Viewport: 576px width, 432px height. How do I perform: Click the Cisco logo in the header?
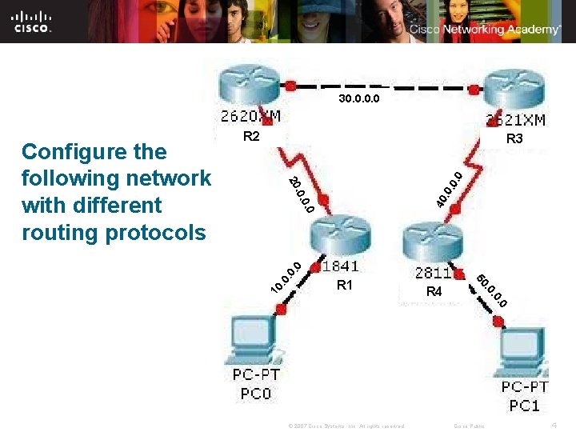coord(32,21)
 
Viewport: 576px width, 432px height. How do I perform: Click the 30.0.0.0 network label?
coord(358,100)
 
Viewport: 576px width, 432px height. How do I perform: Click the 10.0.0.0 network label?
coord(285,277)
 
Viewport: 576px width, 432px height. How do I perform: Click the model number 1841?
coord(340,266)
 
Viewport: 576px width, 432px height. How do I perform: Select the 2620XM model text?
coord(250,117)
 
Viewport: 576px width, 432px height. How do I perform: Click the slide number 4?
coord(554,424)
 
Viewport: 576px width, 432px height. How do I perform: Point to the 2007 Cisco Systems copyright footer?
coord(346,426)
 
